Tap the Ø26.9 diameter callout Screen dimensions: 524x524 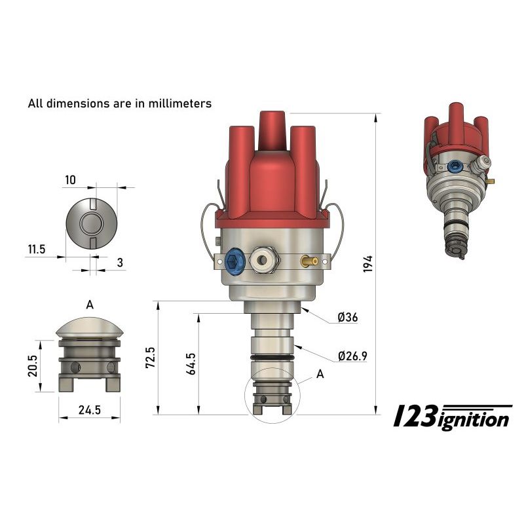352,356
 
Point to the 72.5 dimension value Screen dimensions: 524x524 150,358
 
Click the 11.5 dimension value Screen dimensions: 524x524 37,250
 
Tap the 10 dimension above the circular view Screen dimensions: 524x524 70,179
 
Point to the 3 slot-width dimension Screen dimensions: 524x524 120,262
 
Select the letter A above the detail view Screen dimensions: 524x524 89,304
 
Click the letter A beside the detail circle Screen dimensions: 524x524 320,374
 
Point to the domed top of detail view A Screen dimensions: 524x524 89,326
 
